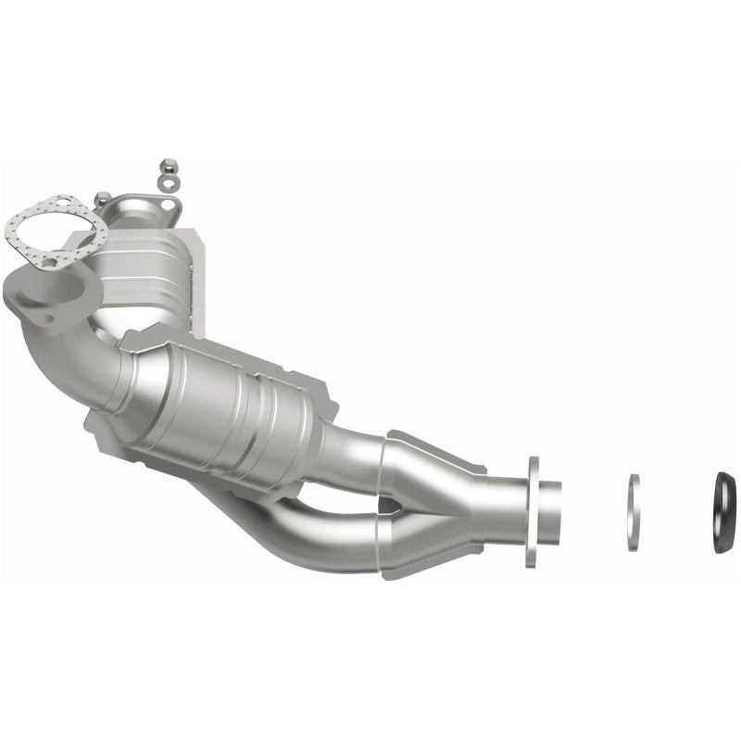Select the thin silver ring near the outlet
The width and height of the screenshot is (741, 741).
[634, 512]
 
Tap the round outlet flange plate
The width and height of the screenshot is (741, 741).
[533, 510]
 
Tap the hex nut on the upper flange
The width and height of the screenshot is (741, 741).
[102, 198]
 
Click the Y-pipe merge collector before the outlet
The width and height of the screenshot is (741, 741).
[445, 505]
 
